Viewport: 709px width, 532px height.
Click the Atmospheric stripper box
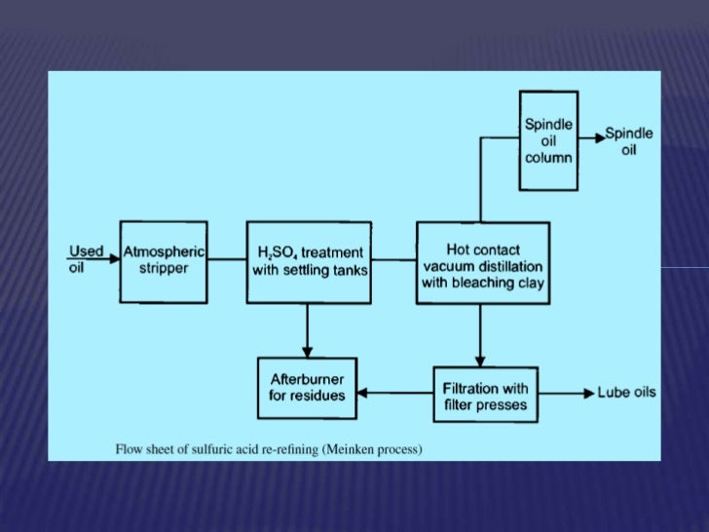pyautogui.click(x=163, y=261)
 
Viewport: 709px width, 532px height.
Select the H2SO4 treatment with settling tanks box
pyautogui.click(x=310, y=261)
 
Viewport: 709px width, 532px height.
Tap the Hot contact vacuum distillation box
pyautogui.click(x=482, y=261)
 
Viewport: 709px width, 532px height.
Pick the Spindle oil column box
pyautogui.click(x=548, y=141)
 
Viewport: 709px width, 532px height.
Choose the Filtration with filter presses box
pyautogui.click(x=485, y=394)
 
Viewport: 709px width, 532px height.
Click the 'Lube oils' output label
pyautogui.click(x=626, y=394)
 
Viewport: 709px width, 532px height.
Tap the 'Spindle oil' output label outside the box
pyautogui.click(x=629, y=141)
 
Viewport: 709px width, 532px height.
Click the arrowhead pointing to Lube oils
pyautogui.click(x=587, y=394)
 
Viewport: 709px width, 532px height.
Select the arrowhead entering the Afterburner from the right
pyautogui.click(x=361, y=394)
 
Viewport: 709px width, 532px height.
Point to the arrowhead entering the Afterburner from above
pyautogui.click(x=308, y=352)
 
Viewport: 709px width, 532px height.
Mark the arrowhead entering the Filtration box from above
pyautogui.click(x=479, y=361)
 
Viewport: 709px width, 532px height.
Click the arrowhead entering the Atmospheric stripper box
pyautogui.click(x=114, y=260)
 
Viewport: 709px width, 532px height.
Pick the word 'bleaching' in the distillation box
pyautogui.click(x=498, y=284)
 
